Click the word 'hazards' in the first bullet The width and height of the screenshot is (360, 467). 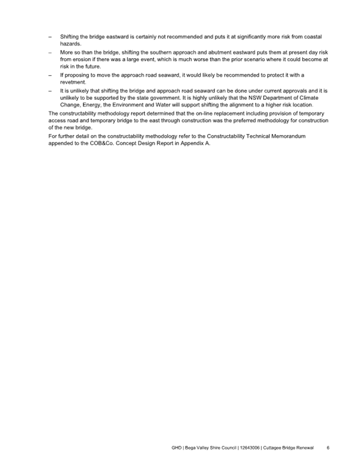(70, 44)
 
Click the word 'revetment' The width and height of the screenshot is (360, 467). (73, 83)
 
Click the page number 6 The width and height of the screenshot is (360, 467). (328, 447)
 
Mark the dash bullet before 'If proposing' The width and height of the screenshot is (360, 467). (50, 75)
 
